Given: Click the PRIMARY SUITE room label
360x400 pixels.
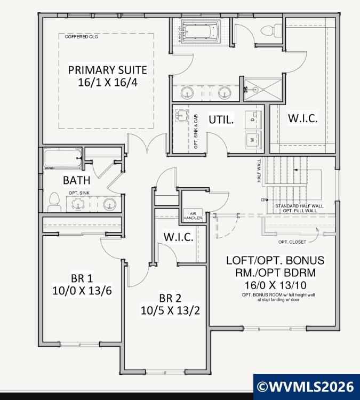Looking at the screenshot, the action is [x=107, y=70].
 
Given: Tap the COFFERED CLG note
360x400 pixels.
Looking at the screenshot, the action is [x=81, y=37].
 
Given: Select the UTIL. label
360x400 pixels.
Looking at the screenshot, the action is [x=221, y=119].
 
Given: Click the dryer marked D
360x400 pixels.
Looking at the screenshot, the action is [x=253, y=119].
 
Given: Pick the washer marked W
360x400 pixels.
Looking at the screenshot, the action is [x=253, y=140].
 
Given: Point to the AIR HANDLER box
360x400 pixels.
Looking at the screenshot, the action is [x=193, y=216].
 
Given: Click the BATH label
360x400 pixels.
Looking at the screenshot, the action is [x=77, y=180].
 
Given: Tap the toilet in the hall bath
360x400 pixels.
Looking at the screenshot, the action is [x=54, y=202].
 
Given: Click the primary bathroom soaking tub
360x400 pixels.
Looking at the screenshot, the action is [x=200, y=31].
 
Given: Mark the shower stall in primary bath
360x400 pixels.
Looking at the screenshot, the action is [x=263, y=89].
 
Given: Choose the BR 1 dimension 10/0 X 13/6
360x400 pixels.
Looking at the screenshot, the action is [x=82, y=290].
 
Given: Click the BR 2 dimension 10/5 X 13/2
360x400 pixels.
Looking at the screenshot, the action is [x=170, y=310].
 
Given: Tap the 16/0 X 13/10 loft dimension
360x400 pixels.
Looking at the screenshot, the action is [x=276, y=285].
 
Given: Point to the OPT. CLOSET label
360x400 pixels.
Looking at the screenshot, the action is [x=292, y=242].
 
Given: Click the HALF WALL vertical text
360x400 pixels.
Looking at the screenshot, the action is [x=259, y=171].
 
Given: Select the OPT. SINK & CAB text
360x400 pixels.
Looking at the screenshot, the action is [x=196, y=131].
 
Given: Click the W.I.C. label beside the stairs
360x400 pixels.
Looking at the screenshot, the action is [x=303, y=118].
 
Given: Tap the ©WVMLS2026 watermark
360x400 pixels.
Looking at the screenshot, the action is [x=306, y=387].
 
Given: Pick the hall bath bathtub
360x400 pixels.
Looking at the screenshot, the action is [x=63, y=159].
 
